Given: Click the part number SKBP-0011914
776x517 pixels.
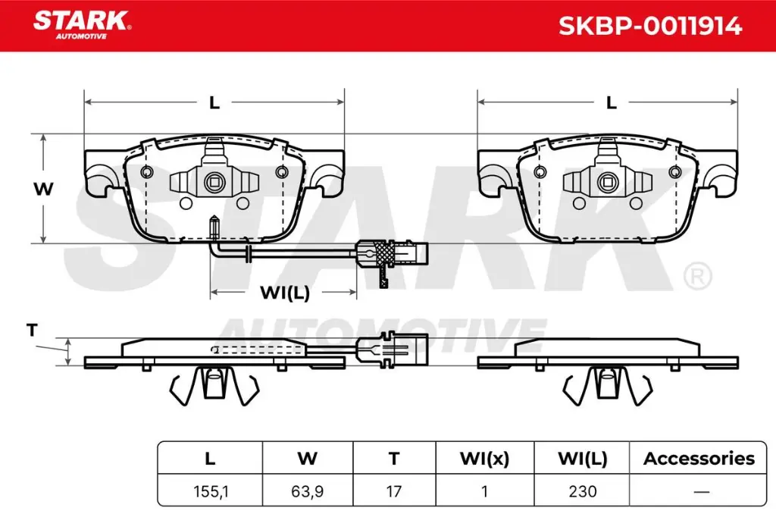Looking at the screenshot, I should (x=649, y=27).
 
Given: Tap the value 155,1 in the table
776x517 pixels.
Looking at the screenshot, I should (x=210, y=491).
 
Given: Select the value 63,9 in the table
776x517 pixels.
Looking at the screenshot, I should (x=307, y=491).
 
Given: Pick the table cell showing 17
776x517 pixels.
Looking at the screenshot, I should (x=393, y=491).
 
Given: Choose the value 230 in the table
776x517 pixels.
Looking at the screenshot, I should (x=583, y=491).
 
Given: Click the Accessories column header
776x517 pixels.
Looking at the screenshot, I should (x=699, y=459).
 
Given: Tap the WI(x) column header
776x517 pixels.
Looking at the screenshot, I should (x=483, y=459).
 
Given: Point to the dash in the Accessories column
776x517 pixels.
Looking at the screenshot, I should (x=699, y=491).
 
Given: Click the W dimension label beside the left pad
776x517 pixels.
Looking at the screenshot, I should (x=44, y=190).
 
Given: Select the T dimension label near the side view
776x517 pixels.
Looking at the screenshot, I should (x=31, y=330).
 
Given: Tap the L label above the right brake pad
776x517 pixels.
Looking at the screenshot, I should (x=611, y=103).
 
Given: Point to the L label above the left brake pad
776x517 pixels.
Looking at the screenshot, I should (x=214, y=103).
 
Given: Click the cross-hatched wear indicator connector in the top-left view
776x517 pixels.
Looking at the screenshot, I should (x=381, y=251).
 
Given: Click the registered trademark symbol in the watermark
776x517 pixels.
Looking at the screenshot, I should (x=696, y=276).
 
